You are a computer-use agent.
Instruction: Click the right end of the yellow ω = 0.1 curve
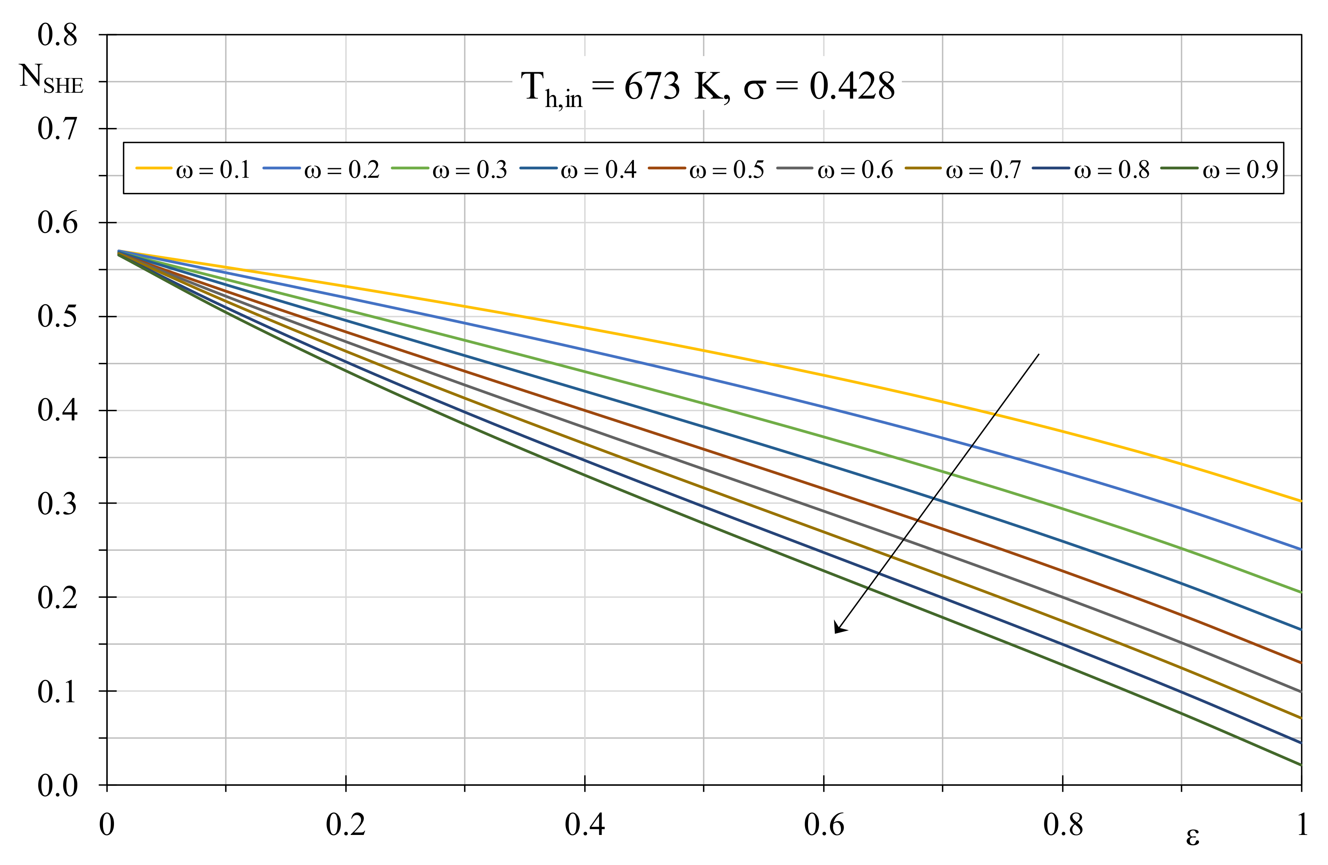1301,501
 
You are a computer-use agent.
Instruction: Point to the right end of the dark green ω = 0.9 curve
1301,765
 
